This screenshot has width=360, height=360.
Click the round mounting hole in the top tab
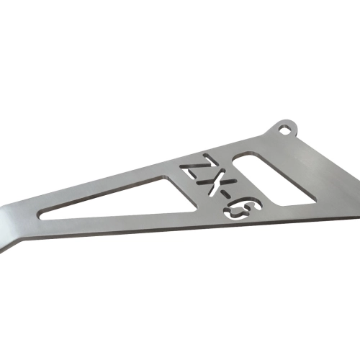(x=285, y=130)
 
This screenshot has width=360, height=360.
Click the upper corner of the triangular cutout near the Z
(x=166, y=178)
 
